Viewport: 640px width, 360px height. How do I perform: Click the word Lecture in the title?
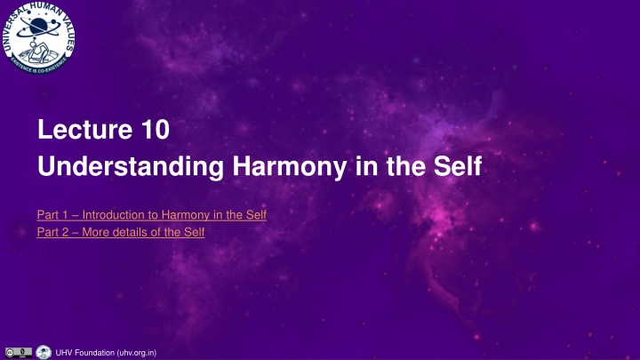(85, 129)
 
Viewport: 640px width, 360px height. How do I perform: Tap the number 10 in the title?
(156, 129)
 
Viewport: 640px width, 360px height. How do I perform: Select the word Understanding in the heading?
(131, 167)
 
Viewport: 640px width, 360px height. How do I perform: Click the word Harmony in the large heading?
(290, 167)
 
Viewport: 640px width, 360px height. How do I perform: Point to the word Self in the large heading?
(458, 165)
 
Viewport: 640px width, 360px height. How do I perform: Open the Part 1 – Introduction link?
(152, 215)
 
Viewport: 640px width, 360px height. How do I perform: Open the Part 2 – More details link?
(121, 232)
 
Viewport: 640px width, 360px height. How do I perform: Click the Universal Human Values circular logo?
(39, 37)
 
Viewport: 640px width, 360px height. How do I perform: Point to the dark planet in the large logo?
(38, 25)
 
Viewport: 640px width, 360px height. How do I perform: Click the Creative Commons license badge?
(19, 353)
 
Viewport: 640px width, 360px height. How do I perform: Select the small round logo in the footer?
(44, 352)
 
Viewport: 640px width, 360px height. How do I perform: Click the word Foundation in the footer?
(94, 353)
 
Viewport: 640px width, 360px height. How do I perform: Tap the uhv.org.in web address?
(137, 353)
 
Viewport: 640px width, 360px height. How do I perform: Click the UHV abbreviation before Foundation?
(64, 353)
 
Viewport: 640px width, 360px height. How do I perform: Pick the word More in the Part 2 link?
(95, 232)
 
